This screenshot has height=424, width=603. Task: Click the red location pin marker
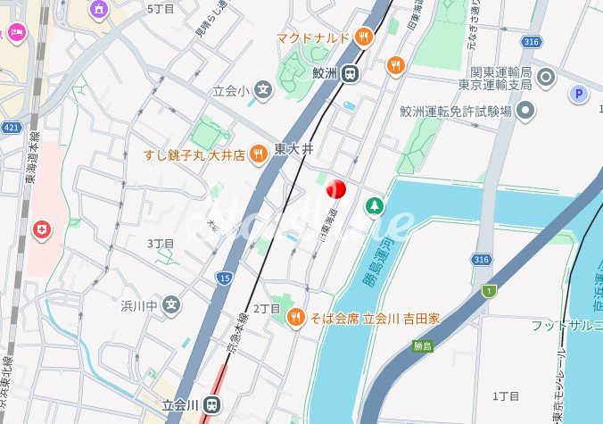point(335,190)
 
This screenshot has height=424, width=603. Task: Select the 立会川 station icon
point(211,404)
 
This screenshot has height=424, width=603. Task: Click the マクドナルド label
point(311,37)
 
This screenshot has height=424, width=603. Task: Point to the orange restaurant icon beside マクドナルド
point(363,37)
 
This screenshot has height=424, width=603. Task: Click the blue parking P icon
point(580,93)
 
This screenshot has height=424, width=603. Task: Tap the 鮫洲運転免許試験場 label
point(456,111)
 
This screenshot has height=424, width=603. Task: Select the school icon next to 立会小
point(262,89)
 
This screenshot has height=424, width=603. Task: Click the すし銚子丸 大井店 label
point(194,154)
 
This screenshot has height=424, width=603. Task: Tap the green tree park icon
point(375,206)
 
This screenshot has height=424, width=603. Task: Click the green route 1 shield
point(489,290)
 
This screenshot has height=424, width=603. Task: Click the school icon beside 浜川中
point(172,305)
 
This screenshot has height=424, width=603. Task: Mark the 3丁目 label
point(161,243)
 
